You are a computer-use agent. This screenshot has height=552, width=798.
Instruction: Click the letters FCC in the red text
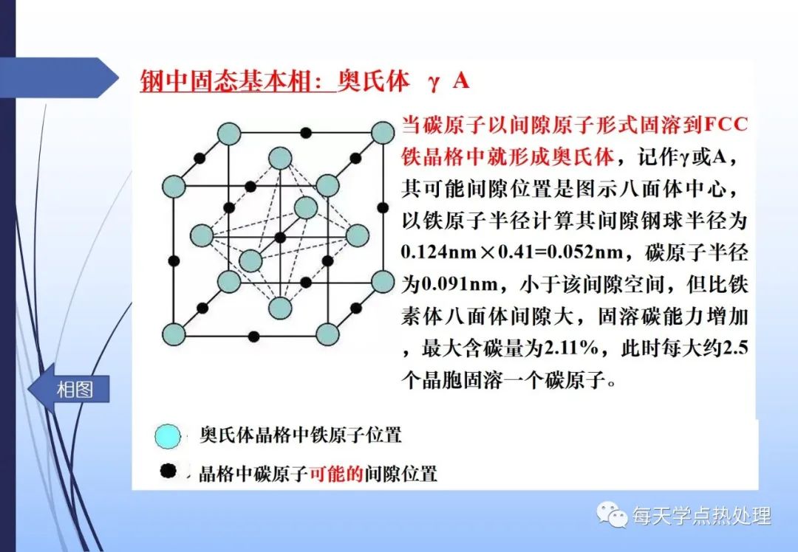(x=726, y=125)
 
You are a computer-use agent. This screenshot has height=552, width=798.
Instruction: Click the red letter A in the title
(x=460, y=80)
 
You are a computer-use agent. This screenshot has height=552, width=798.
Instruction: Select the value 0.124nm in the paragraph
(x=438, y=252)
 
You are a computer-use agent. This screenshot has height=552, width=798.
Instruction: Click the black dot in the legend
(x=168, y=471)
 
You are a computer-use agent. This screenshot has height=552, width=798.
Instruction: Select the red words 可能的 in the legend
(x=336, y=473)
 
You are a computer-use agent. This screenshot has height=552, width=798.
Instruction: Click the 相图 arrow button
(x=68, y=390)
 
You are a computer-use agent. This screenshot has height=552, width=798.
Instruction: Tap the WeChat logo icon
(x=613, y=515)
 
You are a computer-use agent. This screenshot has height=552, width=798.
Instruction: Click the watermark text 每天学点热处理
(x=702, y=516)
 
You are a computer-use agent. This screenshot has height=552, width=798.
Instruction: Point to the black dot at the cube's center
(x=280, y=238)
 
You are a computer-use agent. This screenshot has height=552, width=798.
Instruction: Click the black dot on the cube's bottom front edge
(x=253, y=336)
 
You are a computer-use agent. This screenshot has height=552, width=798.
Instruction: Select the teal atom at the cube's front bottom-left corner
(x=174, y=334)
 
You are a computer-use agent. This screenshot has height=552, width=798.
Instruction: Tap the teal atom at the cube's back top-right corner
(x=383, y=133)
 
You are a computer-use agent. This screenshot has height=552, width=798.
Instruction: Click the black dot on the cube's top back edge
(x=305, y=133)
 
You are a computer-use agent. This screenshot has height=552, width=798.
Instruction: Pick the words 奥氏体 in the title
(x=373, y=81)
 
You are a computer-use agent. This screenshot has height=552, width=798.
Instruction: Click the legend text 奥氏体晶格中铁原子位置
(x=301, y=435)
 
